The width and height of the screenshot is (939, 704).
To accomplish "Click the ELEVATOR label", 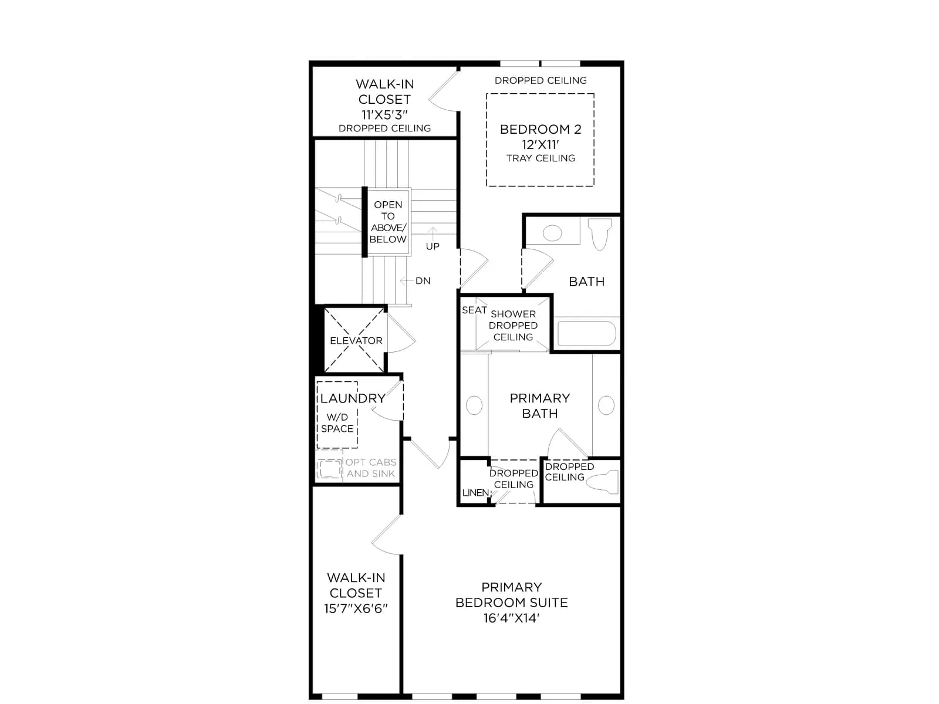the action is pyautogui.click(x=356, y=341).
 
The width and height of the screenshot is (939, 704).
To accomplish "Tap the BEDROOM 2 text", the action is pyautogui.click(x=541, y=129).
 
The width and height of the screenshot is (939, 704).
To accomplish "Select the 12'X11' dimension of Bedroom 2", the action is pyautogui.click(x=541, y=144).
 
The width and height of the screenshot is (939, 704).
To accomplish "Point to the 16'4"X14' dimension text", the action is pyautogui.click(x=511, y=618).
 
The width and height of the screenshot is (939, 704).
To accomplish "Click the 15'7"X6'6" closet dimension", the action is pyautogui.click(x=356, y=608).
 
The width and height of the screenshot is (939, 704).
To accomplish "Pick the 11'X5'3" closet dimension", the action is pyautogui.click(x=384, y=114).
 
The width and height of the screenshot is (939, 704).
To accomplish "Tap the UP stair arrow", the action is pyautogui.click(x=433, y=233).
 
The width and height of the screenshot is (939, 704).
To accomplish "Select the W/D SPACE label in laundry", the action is pyautogui.click(x=337, y=423).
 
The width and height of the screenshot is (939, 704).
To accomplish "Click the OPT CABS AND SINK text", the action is pyautogui.click(x=370, y=468).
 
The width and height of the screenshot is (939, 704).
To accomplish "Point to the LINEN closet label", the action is pyautogui.click(x=475, y=492).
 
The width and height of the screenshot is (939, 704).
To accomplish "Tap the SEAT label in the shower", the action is pyautogui.click(x=474, y=310).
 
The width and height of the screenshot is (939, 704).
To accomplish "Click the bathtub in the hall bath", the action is pyautogui.click(x=586, y=333).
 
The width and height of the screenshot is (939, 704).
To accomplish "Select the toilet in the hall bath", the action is pyautogui.click(x=600, y=234).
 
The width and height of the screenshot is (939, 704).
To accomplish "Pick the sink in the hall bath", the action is pyautogui.click(x=552, y=233).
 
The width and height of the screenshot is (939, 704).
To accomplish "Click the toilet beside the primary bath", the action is pyautogui.click(x=602, y=482).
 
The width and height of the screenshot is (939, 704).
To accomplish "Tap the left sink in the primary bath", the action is pyautogui.click(x=474, y=405).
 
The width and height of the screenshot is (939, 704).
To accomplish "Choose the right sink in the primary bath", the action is pyautogui.click(x=606, y=405).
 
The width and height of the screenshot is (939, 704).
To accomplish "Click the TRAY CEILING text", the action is pyautogui.click(x=541, y=158).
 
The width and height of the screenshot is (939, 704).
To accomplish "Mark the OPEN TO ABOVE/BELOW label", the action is pyautogui.click(x=388, y=222).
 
